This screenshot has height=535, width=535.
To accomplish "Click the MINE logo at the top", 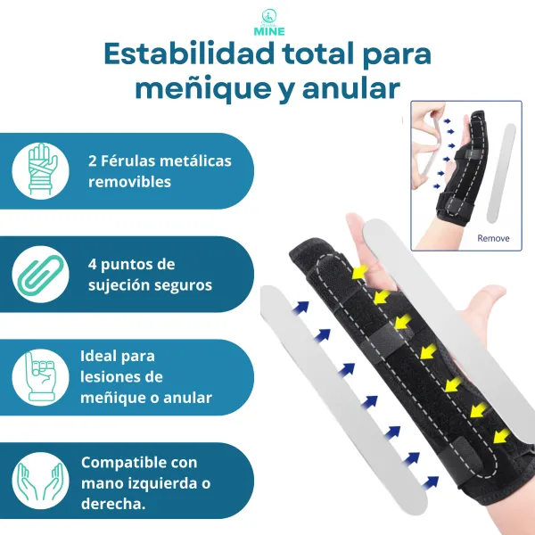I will pos(267,21).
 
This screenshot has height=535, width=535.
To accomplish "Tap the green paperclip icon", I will pos(39,275).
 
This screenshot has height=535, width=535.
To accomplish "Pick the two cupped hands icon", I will pos(39,481).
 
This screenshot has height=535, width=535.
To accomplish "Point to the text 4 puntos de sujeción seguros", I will pos(150,275).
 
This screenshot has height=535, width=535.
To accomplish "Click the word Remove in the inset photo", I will pos(493,238).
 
